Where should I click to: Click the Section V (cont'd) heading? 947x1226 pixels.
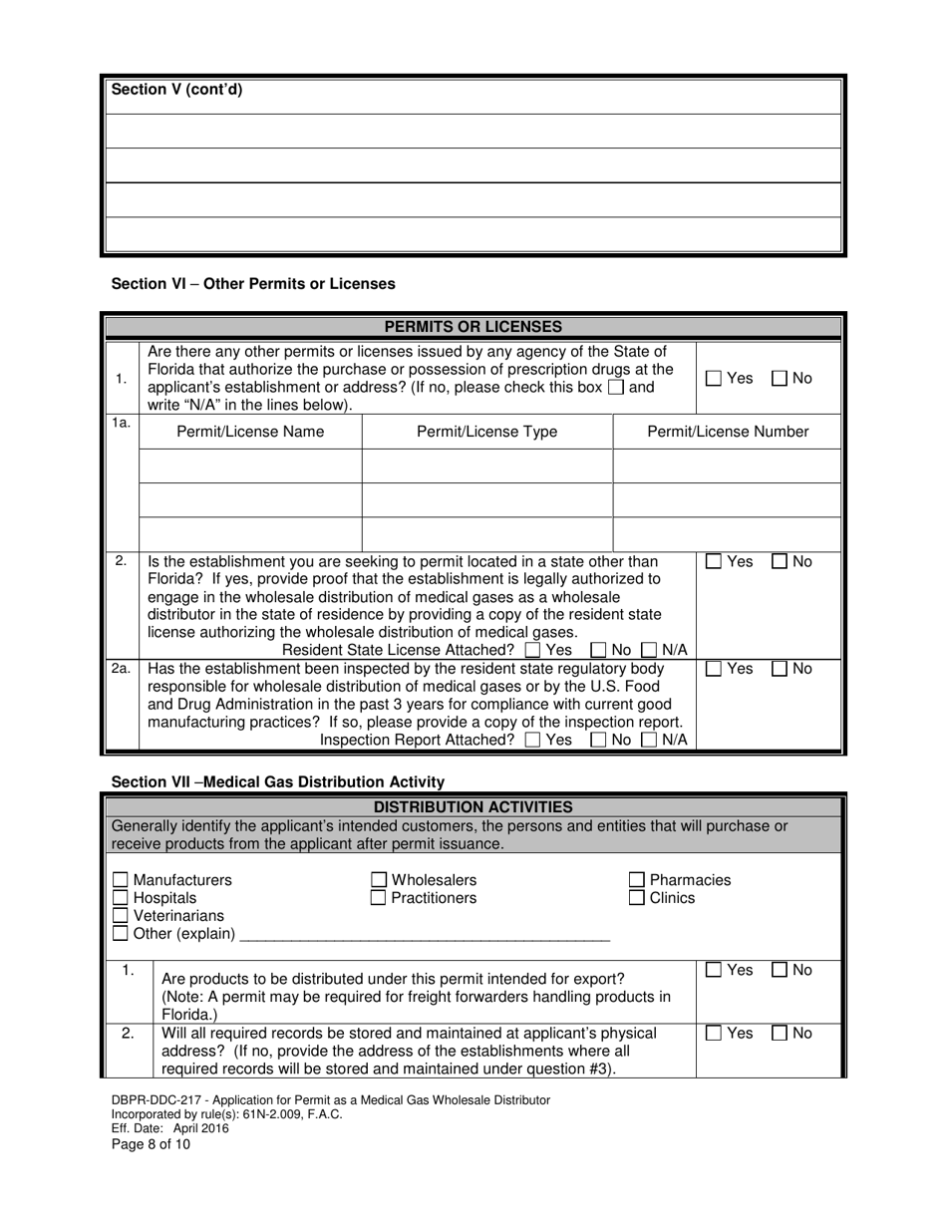point(176,90)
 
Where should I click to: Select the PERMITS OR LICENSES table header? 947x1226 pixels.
point(473,327)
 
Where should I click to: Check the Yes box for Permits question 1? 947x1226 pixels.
point(714,379)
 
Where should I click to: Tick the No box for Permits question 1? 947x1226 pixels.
point(781,379)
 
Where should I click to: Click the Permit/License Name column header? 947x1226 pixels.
point(250,432)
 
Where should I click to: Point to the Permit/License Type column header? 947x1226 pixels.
point(486,432)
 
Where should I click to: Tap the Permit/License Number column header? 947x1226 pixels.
point(728,432)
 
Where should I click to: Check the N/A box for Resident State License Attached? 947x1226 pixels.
point(649,650)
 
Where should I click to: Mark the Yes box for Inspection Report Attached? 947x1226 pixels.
point(532,740)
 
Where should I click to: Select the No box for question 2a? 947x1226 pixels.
point(781,669)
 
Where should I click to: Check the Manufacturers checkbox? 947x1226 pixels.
point(121,880)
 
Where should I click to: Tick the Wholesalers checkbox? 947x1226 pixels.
point(379,880)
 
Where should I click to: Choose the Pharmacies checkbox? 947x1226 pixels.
point(637,880)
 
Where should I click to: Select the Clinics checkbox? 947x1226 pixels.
point(637,898)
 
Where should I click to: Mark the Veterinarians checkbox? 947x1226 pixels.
point(121,916)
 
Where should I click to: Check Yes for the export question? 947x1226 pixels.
point(714,970)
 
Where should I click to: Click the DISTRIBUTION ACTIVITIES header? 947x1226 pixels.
point(473,807)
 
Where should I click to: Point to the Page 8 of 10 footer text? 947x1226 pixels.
point(151,1144)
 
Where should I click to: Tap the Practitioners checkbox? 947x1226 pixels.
point(379,898)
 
